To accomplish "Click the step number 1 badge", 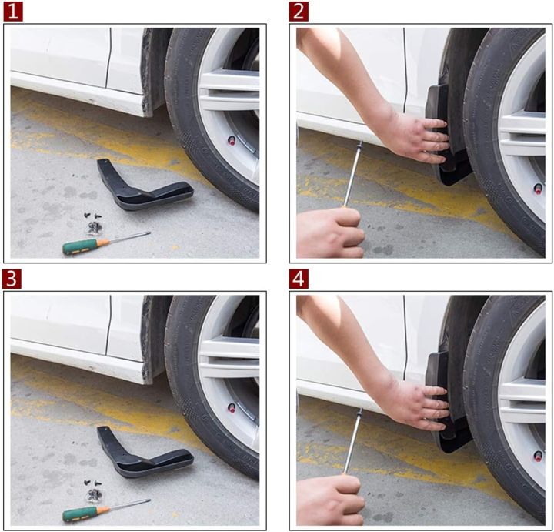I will pyautogui.click(x=13, y=11).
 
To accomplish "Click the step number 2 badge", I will pyautogui.click(x=299, y=11).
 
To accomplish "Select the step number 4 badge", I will pyautogui.click(x=299, y=278).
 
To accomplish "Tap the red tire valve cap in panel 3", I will pyautogui.click(x=232, y=407).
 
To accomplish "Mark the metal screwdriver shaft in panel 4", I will pyautogui.click(x=353, y=443).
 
